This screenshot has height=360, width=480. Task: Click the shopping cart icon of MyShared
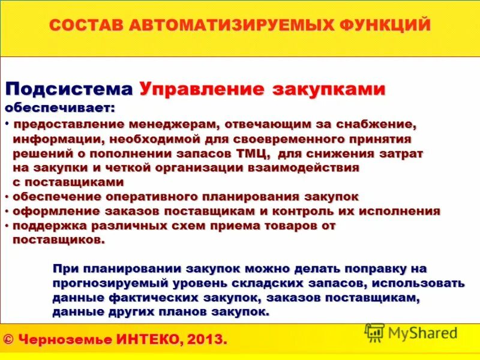[x=374, y=333]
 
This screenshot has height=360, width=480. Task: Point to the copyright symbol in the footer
[x=8, y=340]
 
